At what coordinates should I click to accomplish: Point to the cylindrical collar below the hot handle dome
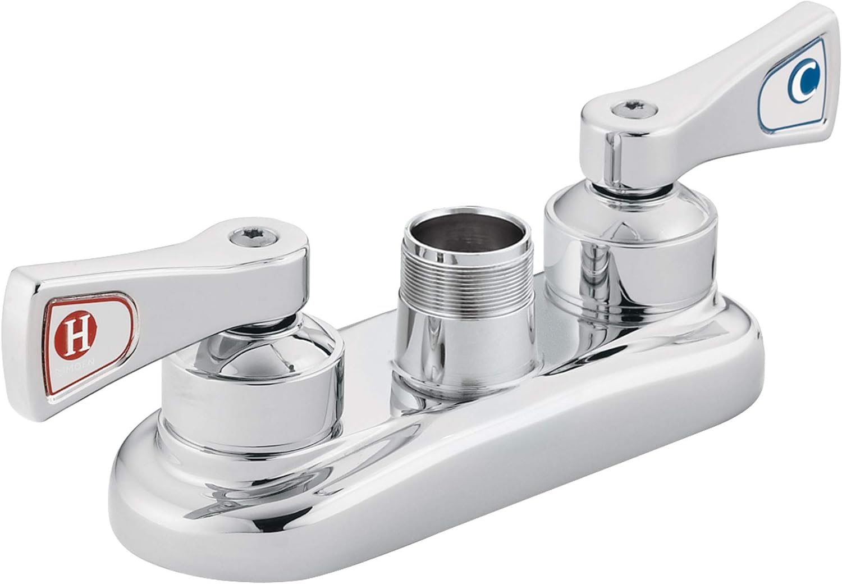point(247,404)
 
